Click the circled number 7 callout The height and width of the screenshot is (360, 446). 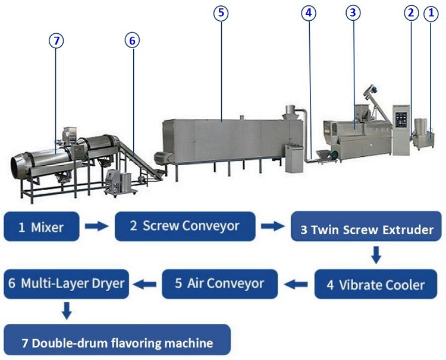coord(56,40)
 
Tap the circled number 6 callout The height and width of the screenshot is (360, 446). coord(132,40)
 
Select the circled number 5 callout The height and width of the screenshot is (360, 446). coord(221,13)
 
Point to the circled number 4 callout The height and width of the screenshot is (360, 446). coord(309,13)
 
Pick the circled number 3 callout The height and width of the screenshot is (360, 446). coord(353,13)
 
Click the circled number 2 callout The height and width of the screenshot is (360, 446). coord(412,13)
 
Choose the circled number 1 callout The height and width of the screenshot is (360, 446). coord(431,13)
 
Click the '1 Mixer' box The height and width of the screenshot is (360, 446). coord(42,226)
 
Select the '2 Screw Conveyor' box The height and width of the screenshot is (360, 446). coord(185,226)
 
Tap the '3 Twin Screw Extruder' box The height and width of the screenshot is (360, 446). coord(366,226)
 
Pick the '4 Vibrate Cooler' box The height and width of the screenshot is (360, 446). coord(376,284)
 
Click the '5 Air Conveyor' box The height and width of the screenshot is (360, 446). coord(219,284)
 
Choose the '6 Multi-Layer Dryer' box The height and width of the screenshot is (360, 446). coord(66,284)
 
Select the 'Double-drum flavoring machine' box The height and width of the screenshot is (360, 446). coord(117,340)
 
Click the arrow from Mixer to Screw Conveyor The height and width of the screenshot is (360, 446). coord(97,226)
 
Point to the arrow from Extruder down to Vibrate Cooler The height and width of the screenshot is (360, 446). coord(376,255)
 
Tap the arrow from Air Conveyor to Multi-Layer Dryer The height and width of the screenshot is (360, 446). coord(145,284)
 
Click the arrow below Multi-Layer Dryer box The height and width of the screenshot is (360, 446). coord(67,311)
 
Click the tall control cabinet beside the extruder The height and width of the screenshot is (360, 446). coord(401,130)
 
